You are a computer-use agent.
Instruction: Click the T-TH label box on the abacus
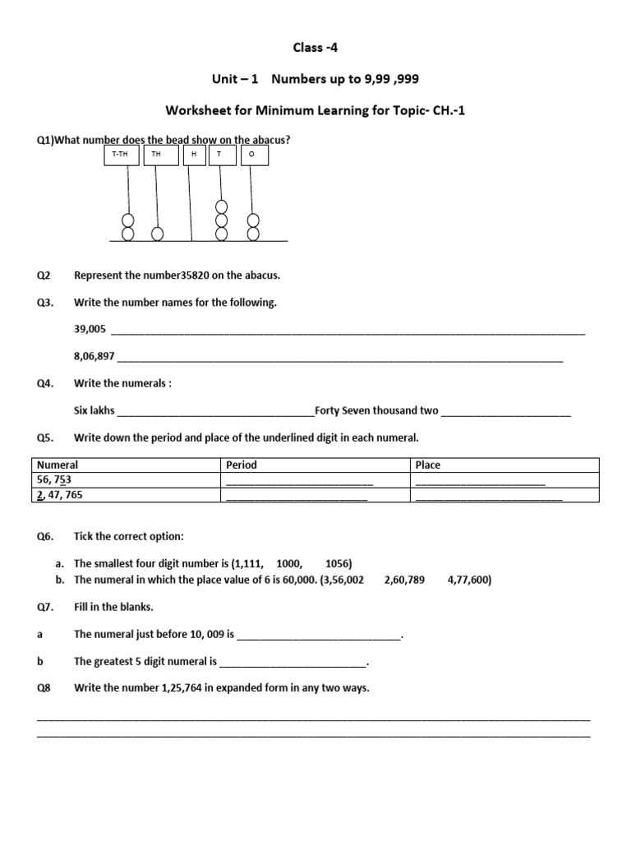(x=122, y=155)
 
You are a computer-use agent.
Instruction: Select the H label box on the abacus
(x=194, y=155)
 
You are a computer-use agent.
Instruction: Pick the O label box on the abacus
(x=251, y=155)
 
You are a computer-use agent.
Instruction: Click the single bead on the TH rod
(x=157, y=234)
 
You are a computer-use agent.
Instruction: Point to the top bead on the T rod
(x=220, y=208)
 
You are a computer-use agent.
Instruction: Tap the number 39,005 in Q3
(x=90, y=330)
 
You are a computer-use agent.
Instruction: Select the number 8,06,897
(x=94, y=357)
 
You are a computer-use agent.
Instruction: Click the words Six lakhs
(x=94, y=410)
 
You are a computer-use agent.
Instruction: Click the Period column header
(x=241, y=465)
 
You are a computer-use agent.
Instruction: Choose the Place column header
(x=428, y=465)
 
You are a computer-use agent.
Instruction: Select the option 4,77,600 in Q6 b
(x=469, y=580)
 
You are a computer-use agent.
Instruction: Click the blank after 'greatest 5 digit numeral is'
(x=293, y=661)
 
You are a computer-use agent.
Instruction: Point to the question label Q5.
(x=44, y=437)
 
